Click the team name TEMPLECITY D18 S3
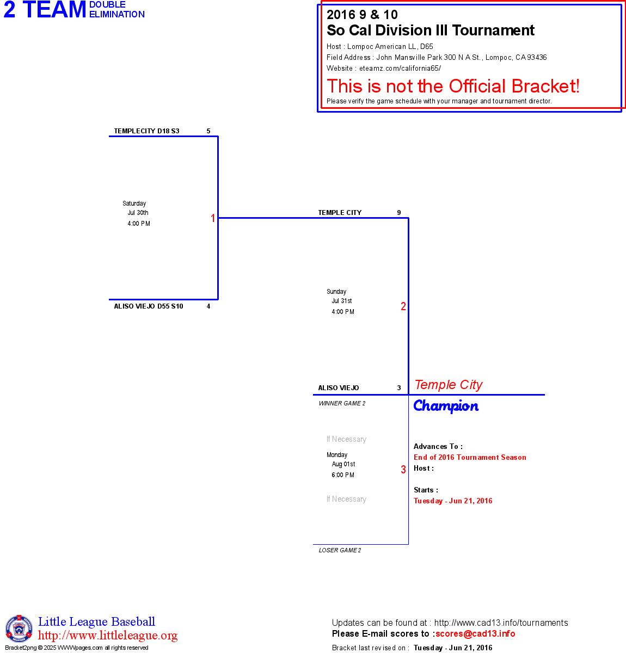pos(146,131)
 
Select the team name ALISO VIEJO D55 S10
pos(148,306)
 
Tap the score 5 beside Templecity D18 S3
pos(208,131)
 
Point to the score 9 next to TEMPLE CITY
pos(399,213)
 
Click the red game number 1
pos(213,218)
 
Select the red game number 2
pos(403,306)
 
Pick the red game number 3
pos(403,470)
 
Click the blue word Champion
pos(446,406)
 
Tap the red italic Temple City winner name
pos(449,385)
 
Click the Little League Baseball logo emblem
pos(19,629)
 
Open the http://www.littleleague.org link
pos(108,636)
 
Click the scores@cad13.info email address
pos(475,633)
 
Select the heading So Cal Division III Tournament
pos(431,30)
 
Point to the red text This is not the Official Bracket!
pos(453,86)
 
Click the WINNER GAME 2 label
pos(342,404)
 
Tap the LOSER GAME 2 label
pos(340,551)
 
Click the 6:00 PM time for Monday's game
pos(343,475)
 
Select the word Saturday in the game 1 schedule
pos(134,204)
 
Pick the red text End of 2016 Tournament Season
pos(470,458)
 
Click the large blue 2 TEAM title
pos(45,10)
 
